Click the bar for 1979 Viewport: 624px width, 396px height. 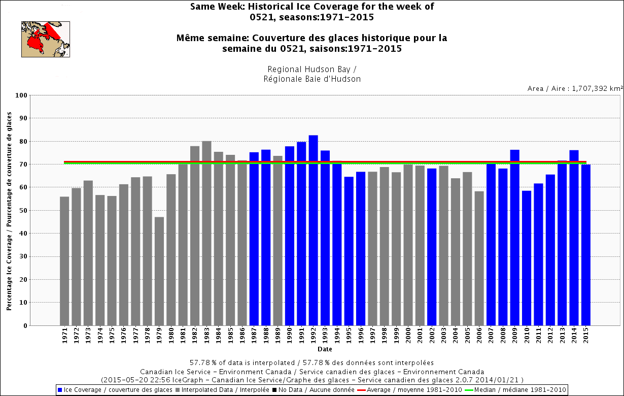[159, 271]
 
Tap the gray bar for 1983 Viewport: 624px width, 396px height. [206, 233]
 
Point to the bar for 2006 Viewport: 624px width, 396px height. [479, 258]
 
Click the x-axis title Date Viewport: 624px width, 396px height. [325, 349]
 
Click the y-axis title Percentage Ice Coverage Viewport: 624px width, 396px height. [10, 210]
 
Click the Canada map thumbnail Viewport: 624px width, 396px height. [45, 39]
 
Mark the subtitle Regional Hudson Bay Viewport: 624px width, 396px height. [312, 69]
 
